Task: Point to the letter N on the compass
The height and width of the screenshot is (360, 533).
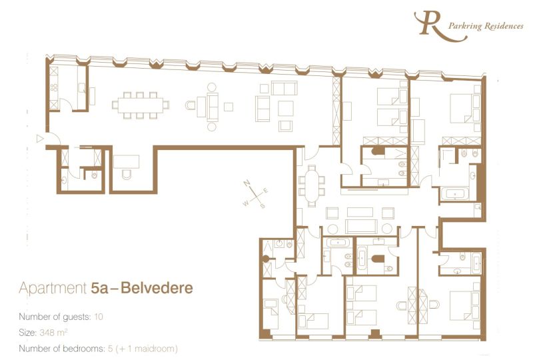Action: tap(246, 182)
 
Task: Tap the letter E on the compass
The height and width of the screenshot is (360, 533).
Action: tap(266, 191)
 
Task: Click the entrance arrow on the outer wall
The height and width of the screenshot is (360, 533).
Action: tap(39, 139)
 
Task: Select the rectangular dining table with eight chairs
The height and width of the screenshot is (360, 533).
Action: tap(141, 105)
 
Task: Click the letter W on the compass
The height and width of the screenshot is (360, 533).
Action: tap(245, 201)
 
